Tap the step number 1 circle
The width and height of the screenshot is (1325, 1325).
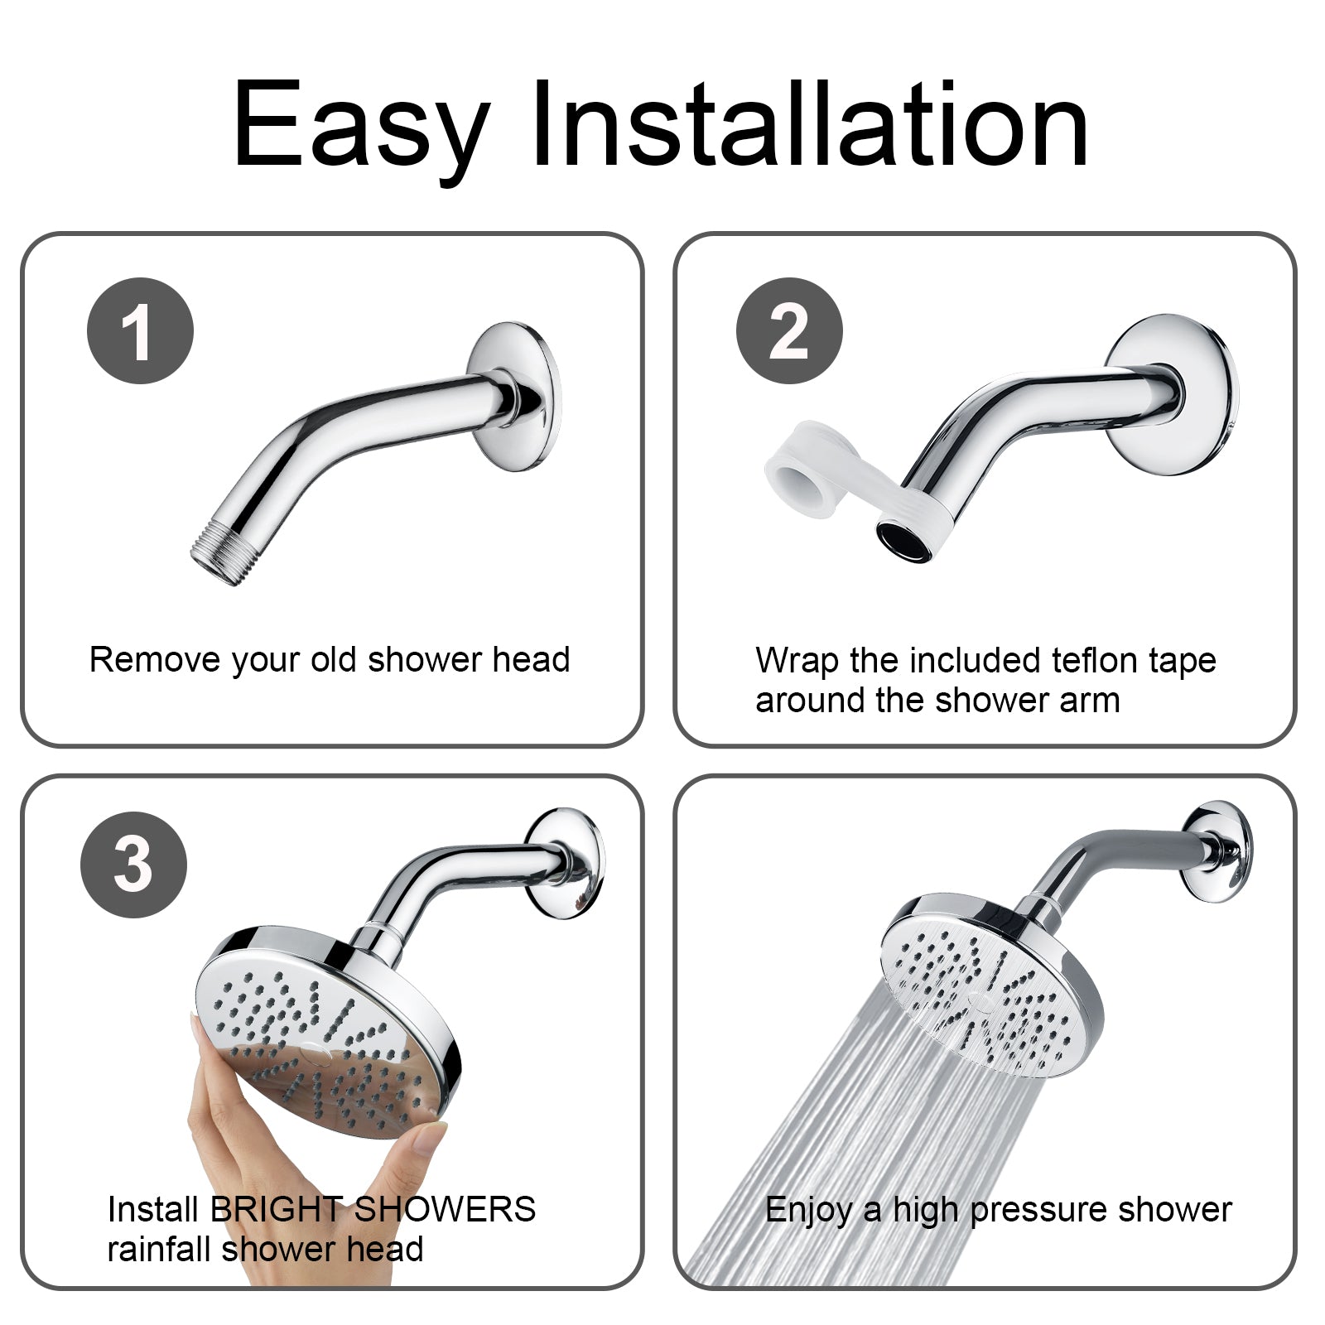(x=140, y=330)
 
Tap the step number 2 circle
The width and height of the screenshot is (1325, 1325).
(x=789, y=330)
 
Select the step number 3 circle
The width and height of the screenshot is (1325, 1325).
(x=133, y=865)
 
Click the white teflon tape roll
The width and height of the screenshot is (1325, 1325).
(x=799, y=472)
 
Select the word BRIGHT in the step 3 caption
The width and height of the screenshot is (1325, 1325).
(x=275, y=1210)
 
